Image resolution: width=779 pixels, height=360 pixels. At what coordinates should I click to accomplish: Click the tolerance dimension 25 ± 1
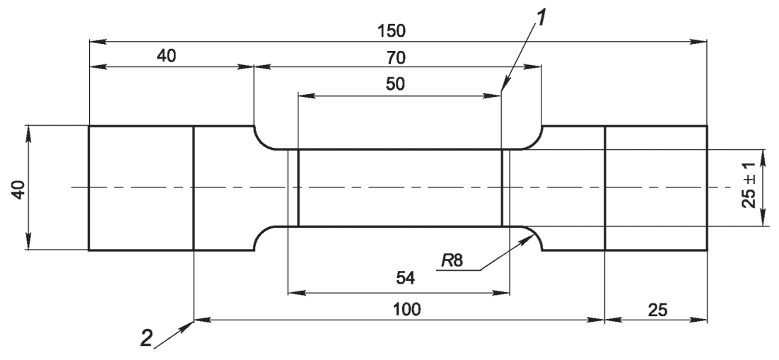pos(751,188)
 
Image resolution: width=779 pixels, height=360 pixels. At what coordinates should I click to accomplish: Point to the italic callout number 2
pos(146,339)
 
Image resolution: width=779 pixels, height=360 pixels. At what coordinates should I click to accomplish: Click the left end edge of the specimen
pos(88,188)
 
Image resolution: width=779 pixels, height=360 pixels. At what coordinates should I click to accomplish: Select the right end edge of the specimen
pos(706,188)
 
